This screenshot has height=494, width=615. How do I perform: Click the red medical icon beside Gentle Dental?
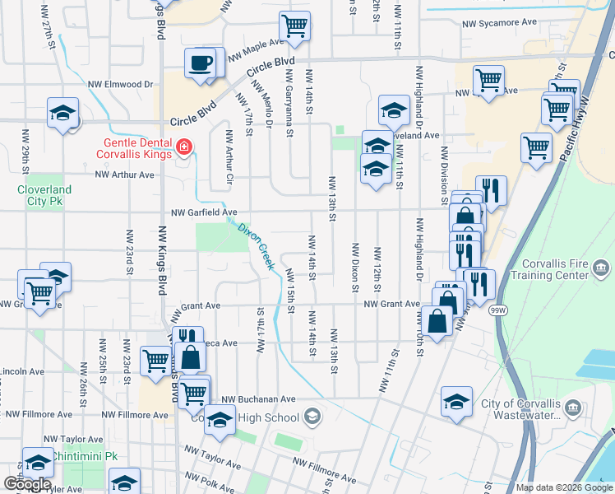click(x=185, y=148)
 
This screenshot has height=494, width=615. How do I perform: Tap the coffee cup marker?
click(x=200, y=63)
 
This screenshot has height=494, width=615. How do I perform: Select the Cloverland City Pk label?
click(x=44, y=194)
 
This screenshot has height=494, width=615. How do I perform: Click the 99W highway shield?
click(x=497, y=310)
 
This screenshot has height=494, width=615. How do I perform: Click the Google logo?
click(x=27, y=484)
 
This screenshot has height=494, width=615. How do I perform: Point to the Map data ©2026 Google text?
click(x=563, y=487)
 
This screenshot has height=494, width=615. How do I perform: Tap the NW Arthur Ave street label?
click(x=125, y=175)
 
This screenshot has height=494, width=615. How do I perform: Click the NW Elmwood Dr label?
click(x=121, y=83)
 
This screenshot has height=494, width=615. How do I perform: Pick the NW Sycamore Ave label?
click(x=499, y=24)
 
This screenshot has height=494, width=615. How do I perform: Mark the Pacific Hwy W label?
click(x=585, y=132)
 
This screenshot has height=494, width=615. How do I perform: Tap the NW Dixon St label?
click(x=355, y=267)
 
